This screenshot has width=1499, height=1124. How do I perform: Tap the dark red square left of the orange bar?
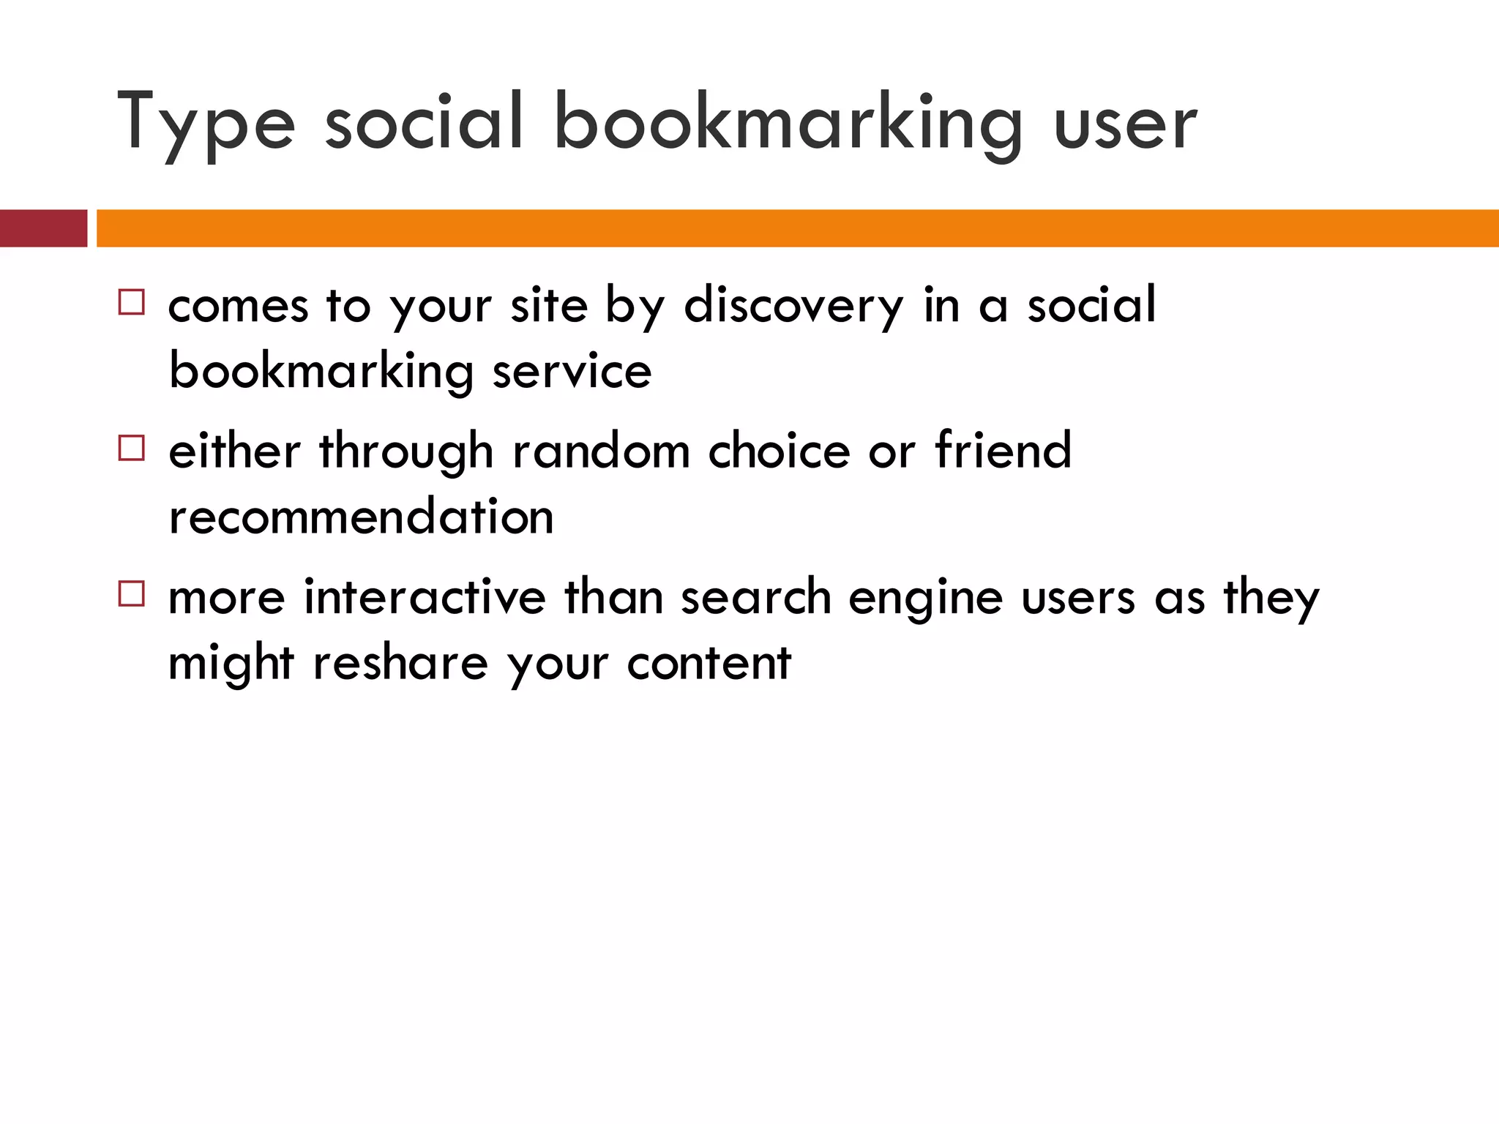[x=43, y=228]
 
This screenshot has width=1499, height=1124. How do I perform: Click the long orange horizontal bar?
[x=798, y=228]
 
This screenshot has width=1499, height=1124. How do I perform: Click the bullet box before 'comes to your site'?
[x=132, y=302]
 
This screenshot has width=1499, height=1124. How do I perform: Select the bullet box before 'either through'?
[x=132, y=448]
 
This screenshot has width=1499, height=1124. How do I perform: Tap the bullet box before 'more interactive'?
[x=132, y=593]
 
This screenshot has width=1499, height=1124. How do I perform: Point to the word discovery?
[x=793, y=306]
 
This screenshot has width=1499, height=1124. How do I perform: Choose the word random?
[x=601, y=451]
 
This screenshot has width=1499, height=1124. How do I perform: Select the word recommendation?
[x=361, y=517]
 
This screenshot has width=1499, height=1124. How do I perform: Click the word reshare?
[x=400, y=663]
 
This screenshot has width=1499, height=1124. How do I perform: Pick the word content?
[x=709, y=663]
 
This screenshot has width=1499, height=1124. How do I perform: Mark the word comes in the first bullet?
[x=238, y=306]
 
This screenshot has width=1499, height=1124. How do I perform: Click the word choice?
[x=779, y=451]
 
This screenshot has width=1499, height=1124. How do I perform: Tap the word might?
[x=231, y=664]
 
